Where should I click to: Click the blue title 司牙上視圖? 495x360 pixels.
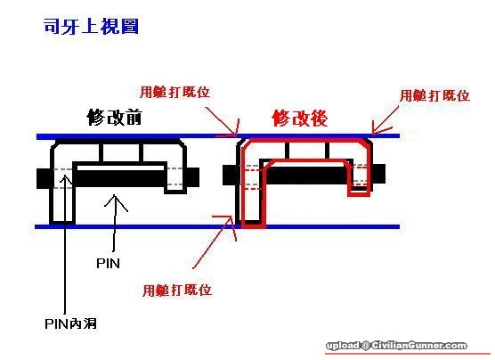pos(91,26)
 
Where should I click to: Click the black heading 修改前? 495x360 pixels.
pos(115,118)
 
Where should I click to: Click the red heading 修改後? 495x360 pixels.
pos(300,119)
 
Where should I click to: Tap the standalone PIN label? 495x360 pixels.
pos(108,263)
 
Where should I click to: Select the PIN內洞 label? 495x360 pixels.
pos(70,323)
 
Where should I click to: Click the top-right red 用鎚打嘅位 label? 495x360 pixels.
pos(434,95)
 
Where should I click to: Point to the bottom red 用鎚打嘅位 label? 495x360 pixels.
pos(177,290)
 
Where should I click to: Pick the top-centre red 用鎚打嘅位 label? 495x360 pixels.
pos(174,92)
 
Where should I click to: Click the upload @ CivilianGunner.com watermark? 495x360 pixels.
pos(396,346)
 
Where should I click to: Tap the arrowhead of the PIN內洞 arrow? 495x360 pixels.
pos(65,176)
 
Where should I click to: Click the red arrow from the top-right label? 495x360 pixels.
pos(385,120)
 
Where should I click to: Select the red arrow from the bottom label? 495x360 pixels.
pos(214,241)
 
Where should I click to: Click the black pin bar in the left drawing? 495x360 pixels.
pos(120,178)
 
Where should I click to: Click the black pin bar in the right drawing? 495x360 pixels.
pos(306,176)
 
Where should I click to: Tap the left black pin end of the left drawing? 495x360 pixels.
pos(44,178)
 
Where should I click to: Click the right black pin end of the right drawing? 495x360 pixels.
pos(379,174)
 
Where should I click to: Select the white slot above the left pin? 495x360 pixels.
pos(120,168)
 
